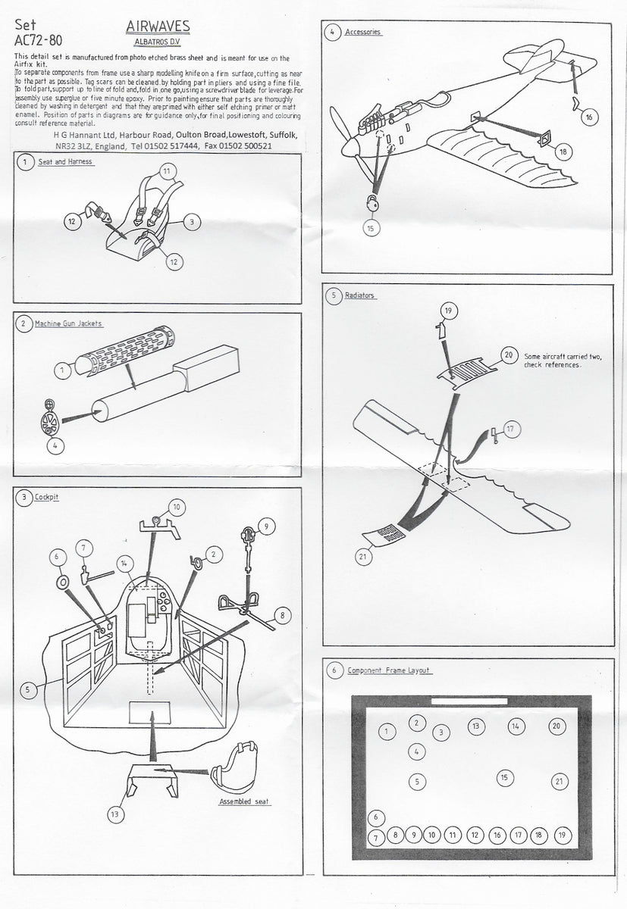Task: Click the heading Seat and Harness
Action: point(65,162)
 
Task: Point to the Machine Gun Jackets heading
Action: point(71,323)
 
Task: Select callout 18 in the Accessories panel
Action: point(562,151)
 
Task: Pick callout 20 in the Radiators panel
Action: point(508,355)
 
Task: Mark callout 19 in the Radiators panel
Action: point(447,311)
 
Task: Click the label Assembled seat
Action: point(245,801)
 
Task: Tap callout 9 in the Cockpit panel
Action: point(265,524)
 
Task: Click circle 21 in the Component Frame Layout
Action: point(558,781)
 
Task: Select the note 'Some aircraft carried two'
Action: point(561,357)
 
